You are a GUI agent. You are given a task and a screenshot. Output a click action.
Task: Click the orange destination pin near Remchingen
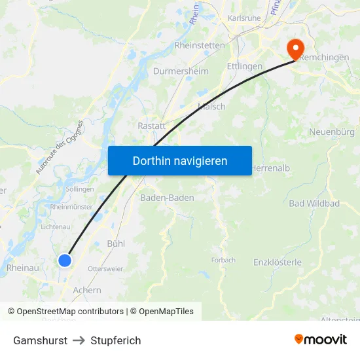click(x=295, y=47)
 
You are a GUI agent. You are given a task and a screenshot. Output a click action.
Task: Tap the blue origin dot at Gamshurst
click(x=65, y=261)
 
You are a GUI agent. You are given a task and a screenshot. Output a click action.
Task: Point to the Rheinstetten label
click(x=200, y=45)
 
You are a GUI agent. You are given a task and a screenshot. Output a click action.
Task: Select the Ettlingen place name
click(x=244, y=66)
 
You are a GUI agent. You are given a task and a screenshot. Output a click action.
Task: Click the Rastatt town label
click(x=151, y=126)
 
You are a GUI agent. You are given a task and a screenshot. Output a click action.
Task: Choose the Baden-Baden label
click(x=167, y=197)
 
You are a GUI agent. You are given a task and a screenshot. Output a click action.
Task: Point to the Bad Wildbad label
click(x=314, y=204)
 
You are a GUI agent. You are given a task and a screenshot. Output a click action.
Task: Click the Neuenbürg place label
click(x=331, y=132)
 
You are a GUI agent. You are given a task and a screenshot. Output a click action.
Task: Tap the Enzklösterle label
click(x=277, y=262)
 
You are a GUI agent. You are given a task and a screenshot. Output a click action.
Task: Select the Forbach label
click(x=223, y=260)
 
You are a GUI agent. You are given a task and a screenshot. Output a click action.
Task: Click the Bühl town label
click(x=116, y=243)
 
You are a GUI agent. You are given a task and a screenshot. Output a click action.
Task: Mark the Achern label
click(x=88, y=290)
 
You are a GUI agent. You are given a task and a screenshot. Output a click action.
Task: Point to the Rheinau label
click(x=22, y=268)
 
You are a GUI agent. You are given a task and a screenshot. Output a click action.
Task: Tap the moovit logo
click(x=321, y=339)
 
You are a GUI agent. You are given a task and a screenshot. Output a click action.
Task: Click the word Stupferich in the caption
click(x=116, y=340)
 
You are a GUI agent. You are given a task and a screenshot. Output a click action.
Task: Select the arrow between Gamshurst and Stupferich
click(x=79, y=340)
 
